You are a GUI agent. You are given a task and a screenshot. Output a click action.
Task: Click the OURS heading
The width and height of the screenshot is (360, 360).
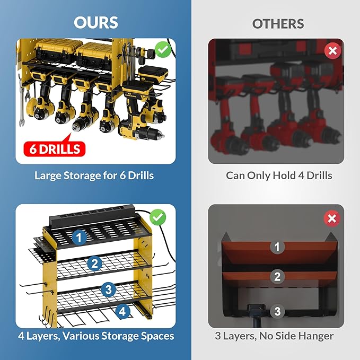pos(96,23)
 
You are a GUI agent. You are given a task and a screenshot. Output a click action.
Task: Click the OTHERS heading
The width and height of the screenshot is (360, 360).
pos(278,24)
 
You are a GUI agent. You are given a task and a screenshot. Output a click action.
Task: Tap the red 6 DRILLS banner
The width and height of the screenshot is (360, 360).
pos(53,148)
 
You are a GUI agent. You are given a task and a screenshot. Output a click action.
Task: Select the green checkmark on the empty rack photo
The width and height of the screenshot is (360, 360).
pos(157,217)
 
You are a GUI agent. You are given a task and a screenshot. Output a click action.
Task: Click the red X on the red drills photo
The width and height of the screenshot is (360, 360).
pos(332,51)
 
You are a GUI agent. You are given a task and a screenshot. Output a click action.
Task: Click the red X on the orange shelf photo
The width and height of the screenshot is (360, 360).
pos(332,218)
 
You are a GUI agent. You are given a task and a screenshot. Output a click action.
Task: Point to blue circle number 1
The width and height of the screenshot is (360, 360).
pos(80,238)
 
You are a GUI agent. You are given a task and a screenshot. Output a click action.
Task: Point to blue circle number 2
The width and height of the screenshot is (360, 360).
pos(95,263)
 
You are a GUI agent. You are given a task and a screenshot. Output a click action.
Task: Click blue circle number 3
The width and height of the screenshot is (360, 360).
pos(108,289)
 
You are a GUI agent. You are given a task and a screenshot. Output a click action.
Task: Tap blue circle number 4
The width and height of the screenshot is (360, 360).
pos(122,311)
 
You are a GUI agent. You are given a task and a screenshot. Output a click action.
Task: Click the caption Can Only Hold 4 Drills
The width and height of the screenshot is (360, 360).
pos(279,175)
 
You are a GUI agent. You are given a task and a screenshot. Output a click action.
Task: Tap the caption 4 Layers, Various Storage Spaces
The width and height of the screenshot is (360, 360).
pos(96,336)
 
